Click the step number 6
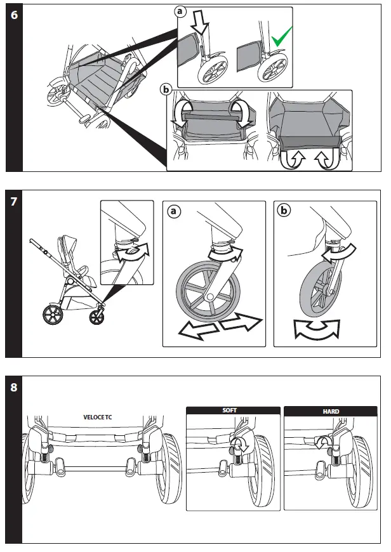[14, 16]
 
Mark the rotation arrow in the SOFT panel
[239, 445]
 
